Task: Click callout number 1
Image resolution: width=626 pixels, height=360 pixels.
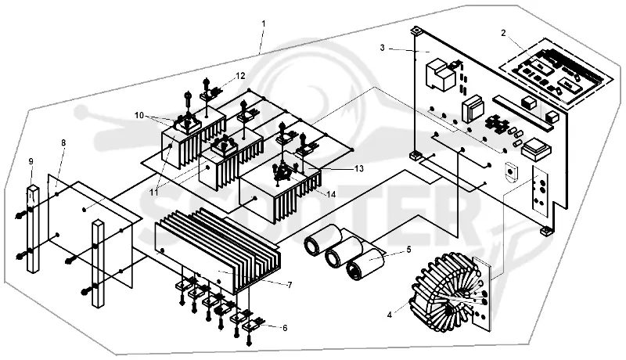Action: [x=263, y=23]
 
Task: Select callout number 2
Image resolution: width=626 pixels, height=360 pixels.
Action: [x=503, y=33]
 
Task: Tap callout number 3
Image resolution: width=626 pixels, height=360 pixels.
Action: [x=382, y=48]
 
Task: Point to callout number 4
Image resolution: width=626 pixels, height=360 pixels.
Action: [x=389, y=315]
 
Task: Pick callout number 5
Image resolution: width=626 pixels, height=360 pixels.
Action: [x=408, y=250]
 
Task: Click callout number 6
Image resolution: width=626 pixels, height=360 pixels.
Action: [x=285, y=328]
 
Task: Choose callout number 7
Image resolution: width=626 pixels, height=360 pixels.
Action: [x=290, y=285]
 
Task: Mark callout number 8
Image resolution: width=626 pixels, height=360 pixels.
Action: [x=63, y=142]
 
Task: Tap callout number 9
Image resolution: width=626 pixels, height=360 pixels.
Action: [x=31, y=161]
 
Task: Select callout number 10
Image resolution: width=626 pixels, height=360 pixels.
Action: [x=139, y=115]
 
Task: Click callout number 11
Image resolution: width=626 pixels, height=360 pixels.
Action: [x=154, y=192]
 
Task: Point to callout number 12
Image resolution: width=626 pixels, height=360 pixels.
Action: [x=240, y=75]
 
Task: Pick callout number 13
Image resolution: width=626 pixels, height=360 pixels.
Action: [x=359, y=169]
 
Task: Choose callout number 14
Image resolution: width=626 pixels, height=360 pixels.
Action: [x=331, y=194]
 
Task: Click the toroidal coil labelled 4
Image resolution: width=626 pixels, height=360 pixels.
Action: [x=445, y=291]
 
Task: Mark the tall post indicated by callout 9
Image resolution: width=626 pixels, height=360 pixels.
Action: [x=33, y=229]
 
